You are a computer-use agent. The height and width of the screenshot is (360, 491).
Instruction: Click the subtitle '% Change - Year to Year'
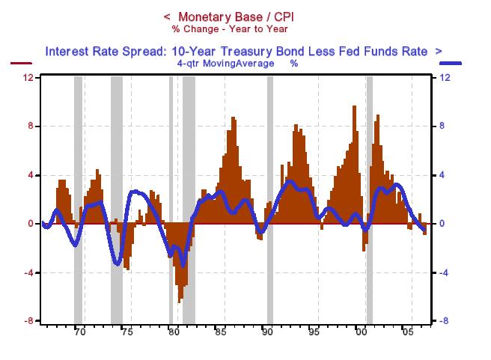[x=230, y=29]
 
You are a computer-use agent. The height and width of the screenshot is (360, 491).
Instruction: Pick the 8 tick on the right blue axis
[x=442, y=126]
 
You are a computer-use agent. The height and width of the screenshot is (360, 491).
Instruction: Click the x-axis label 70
[x=80, y=334]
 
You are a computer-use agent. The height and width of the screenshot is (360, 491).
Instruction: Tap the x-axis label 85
[x=220, y=334]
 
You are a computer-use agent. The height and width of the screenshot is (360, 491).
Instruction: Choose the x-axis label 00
[x=362, y=334]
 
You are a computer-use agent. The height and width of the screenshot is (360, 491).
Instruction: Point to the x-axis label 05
[x=408, y=334]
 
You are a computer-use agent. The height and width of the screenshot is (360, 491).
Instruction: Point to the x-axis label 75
[x=126, y=334]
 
